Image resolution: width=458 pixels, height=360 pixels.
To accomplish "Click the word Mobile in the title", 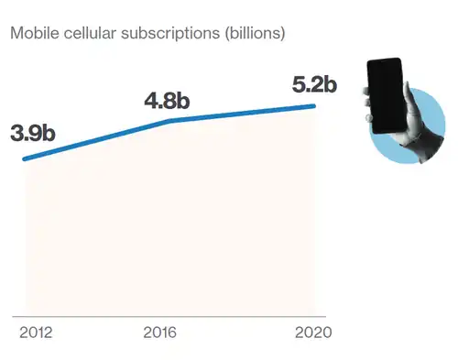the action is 35,33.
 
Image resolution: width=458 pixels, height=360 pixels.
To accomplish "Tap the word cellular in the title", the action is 90,33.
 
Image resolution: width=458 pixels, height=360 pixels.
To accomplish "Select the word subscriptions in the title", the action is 170,34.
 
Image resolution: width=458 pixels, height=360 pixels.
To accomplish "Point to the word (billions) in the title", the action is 255,34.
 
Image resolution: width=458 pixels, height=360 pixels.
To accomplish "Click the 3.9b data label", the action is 33,134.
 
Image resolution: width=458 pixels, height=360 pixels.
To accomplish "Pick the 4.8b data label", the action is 167,101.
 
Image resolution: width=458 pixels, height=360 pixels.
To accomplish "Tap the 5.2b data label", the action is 314,84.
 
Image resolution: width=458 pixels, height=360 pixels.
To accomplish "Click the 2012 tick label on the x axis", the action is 36,333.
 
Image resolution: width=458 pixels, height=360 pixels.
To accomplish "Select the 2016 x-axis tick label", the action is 159,333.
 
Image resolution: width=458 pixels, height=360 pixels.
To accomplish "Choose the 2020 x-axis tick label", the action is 313,333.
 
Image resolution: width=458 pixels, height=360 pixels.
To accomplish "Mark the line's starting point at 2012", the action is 25,158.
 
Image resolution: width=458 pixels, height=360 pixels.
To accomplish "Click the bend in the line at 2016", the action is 170,121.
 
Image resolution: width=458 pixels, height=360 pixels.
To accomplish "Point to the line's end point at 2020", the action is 313,106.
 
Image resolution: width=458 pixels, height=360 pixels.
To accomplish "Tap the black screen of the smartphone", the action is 386,95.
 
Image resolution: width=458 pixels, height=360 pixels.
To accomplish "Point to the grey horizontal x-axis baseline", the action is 169,317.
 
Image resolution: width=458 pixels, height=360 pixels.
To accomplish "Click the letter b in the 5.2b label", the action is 331,84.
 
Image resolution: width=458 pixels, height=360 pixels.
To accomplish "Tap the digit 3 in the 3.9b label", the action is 16,134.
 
